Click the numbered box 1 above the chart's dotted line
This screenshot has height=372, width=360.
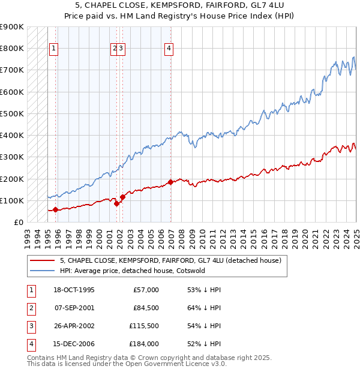(54, 49)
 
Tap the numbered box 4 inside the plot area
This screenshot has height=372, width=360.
(169, 49)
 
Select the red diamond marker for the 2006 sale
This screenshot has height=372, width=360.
(171, 182)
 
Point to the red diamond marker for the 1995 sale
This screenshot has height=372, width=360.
(55, 209)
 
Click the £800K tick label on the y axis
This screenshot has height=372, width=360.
(12, 49)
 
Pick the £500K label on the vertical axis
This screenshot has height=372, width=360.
(12, 113)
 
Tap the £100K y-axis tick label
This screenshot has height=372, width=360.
(12, 200)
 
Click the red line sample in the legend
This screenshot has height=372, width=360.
(41, 260)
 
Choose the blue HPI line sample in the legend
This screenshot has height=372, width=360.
(41, 271)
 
